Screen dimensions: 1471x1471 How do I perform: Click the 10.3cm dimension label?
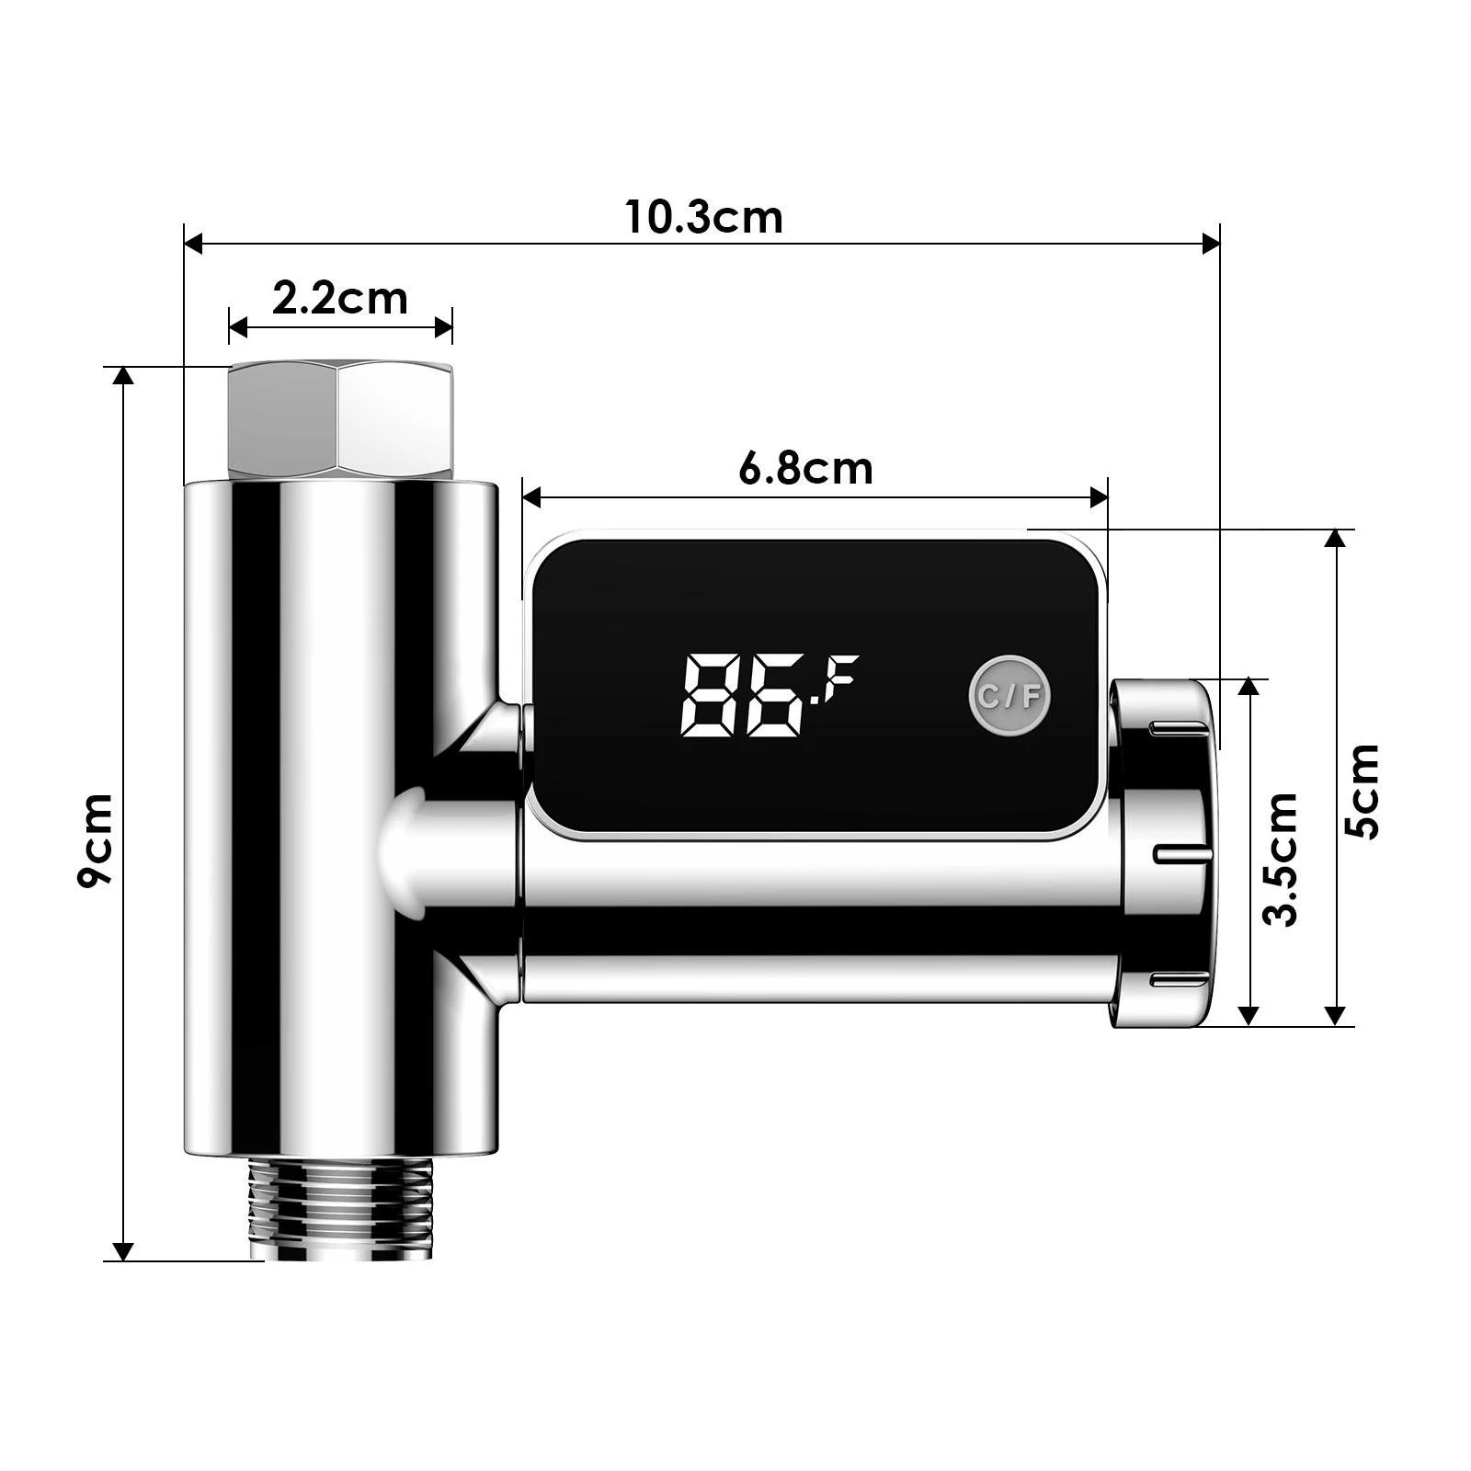pos(704,218)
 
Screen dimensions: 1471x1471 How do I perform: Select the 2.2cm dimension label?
pos(339,299)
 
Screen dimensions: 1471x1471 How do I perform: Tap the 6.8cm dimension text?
pos(805,469)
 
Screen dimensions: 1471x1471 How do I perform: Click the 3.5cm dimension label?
pos(1281,859)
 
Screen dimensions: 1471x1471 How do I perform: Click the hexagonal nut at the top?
pos(339,419)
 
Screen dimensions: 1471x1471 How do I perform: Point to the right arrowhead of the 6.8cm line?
pos(1099,497)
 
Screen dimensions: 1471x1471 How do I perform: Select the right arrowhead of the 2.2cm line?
pos(444,326)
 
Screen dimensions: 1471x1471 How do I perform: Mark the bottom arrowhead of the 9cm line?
pos(123,1251)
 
